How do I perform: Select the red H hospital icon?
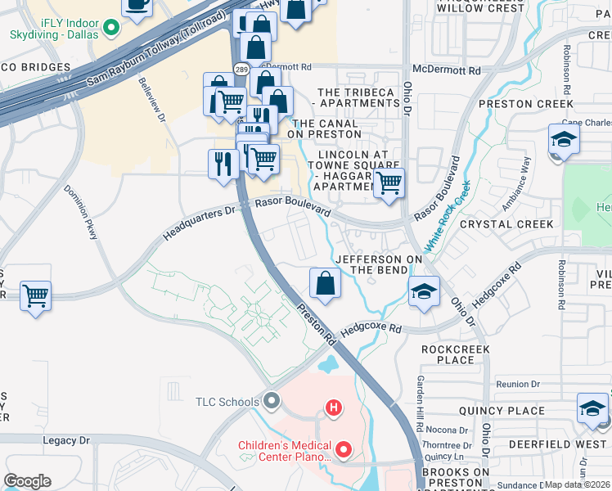pos(333,407)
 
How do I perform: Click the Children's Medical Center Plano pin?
pos(344,449)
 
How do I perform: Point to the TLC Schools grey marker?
pos(272,401)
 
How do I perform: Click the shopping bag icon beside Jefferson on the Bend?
pos(325,284)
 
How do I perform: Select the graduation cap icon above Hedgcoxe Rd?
pos(424,291)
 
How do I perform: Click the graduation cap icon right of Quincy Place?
pos(592,408)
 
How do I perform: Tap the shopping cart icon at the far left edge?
pos(35,296)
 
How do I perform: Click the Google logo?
pos(27,480)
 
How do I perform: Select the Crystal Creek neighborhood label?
pos(506,223)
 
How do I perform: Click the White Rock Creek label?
pos(447,215)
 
